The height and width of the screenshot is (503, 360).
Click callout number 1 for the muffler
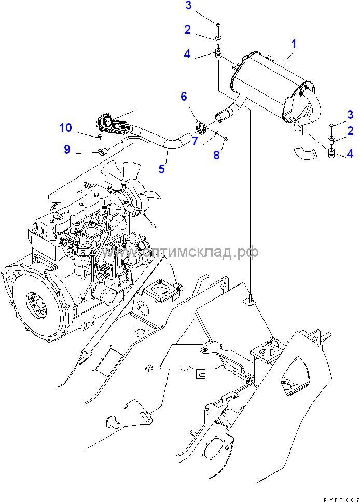(x=293, y=45)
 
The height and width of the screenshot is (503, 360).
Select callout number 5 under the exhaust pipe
(x=161, y=169)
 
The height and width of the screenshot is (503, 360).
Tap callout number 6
(x=184, y=96)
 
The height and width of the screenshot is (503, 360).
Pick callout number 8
(x=217, y=155)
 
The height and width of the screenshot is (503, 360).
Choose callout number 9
(x=67, y=149)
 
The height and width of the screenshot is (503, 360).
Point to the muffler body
(x=265, y=83)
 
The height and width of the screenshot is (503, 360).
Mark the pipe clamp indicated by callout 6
(x=199, y=127)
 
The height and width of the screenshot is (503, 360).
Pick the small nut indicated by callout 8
(x=225, y=138)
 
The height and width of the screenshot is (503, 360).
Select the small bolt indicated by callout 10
(x=99, y=137)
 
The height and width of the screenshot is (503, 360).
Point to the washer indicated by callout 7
(x=214, y=134)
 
